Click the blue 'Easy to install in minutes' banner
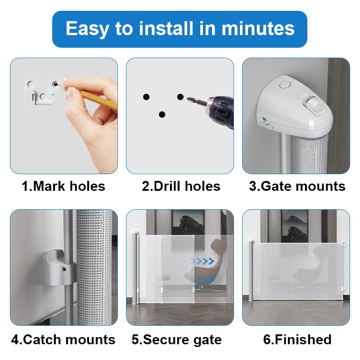(x=180, y=29)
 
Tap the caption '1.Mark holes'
(x=63, y=186)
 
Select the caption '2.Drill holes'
(x=181, y=186)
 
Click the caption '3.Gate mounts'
(x=297, y=186)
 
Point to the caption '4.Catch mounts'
(x=63, y=340)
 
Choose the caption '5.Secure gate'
(x=176, y=340)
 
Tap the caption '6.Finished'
(x=297, y=339)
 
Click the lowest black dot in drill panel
(x=162, y=114)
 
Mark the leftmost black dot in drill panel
(x=146, y=97)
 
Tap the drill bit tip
(x=187, y=98)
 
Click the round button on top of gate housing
(x=285, y=85)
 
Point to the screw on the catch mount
(x=64, y=269)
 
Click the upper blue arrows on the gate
(x=202, y=261)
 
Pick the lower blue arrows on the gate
(x=203, y=280)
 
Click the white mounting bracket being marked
(x=43, y=92)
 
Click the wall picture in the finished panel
(x=294, y=226)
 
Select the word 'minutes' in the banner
(x=258, y=28)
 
